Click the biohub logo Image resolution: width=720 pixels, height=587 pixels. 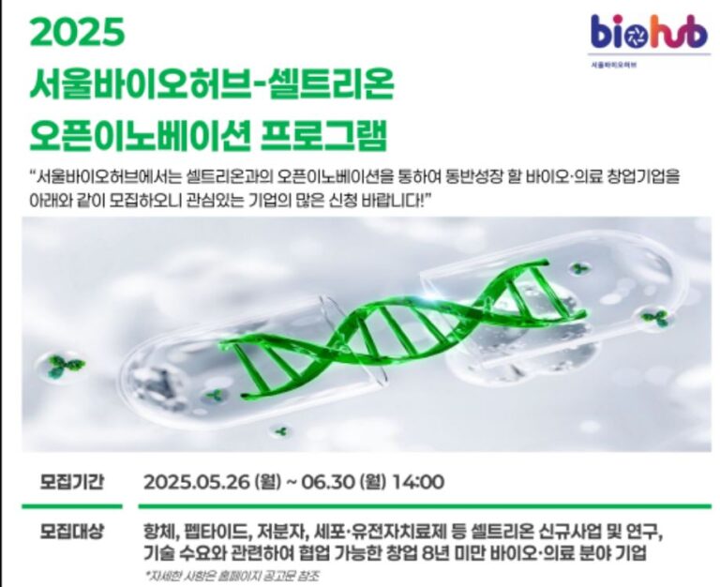point(649,32)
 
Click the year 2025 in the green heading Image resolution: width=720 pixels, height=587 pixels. point(77,32)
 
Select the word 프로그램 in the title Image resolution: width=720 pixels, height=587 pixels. point(323,136)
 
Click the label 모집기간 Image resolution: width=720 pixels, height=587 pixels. point(71,482)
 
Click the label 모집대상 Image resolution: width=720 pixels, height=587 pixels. point(71,532)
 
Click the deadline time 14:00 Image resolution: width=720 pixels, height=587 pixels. point(419,482)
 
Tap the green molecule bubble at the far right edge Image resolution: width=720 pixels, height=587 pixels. point(655,317)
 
